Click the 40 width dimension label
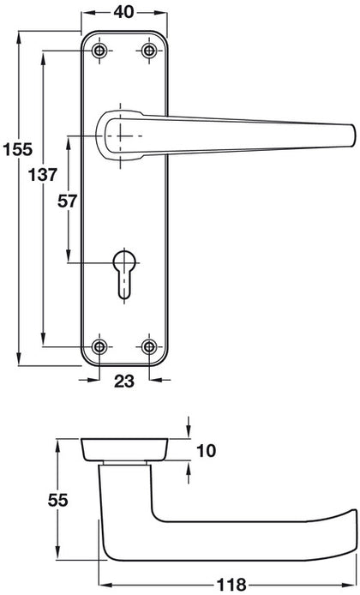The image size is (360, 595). pyautogui.click(x=123, y=12)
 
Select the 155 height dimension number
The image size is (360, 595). pyautogui.click(x=17, y=149)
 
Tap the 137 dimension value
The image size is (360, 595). pyautogui.click(x=43, y=175)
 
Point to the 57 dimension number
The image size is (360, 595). pyautogui.click(x=67, y=201)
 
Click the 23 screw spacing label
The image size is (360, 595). pyautogui.click(x=124, y=381)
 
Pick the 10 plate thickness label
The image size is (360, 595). pyautogui.click(x=207, y=451)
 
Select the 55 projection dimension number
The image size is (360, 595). pyautogui.click(x=57, y=500)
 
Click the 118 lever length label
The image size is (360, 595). pyautogui.click(x=231, y=585)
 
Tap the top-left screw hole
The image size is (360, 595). pyautogui.click(x=99, y=51)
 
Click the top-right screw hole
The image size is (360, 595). pyautogui.click(x=149, y=51)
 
